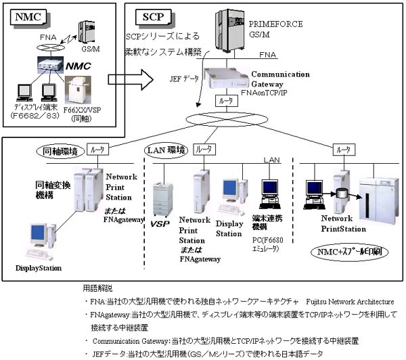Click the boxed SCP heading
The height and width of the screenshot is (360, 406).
152,15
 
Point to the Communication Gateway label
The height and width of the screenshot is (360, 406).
280,79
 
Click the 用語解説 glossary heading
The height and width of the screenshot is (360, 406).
100,286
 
